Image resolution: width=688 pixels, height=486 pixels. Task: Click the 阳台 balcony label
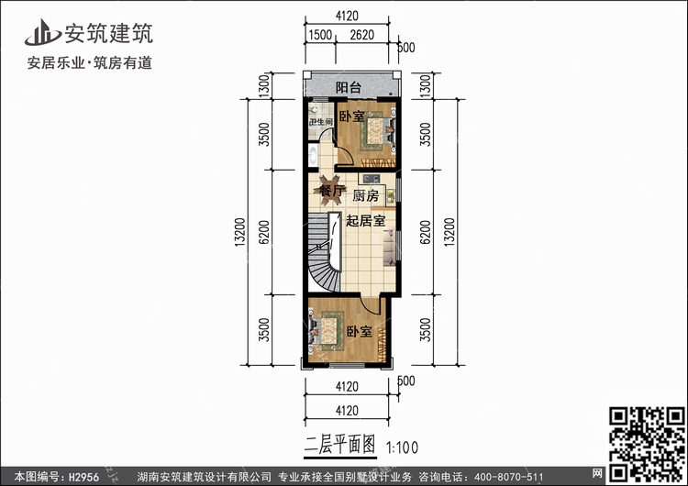[x=348, y=88]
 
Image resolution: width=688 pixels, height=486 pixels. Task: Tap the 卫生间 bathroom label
[x=319, y=122]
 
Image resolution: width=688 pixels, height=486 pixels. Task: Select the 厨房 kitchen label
[x=365, y=195]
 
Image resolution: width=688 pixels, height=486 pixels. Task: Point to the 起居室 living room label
[x=365, y=220]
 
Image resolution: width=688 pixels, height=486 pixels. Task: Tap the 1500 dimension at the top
[x=319, y=35]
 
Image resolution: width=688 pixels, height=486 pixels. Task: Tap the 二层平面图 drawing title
[x=340, y=446]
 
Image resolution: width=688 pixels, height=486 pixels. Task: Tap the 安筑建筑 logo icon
[x=40, y=33]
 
